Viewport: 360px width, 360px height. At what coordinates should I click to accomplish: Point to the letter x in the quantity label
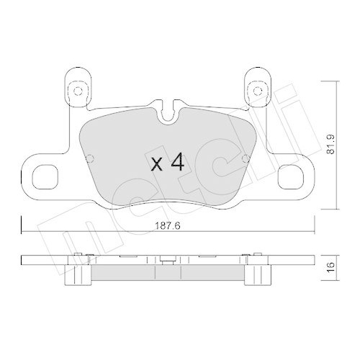(x=157, y=165)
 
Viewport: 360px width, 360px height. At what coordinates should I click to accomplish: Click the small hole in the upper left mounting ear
(x=76, y=90)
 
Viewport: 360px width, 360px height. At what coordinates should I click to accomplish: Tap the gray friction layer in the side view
(x=167, y=272)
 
